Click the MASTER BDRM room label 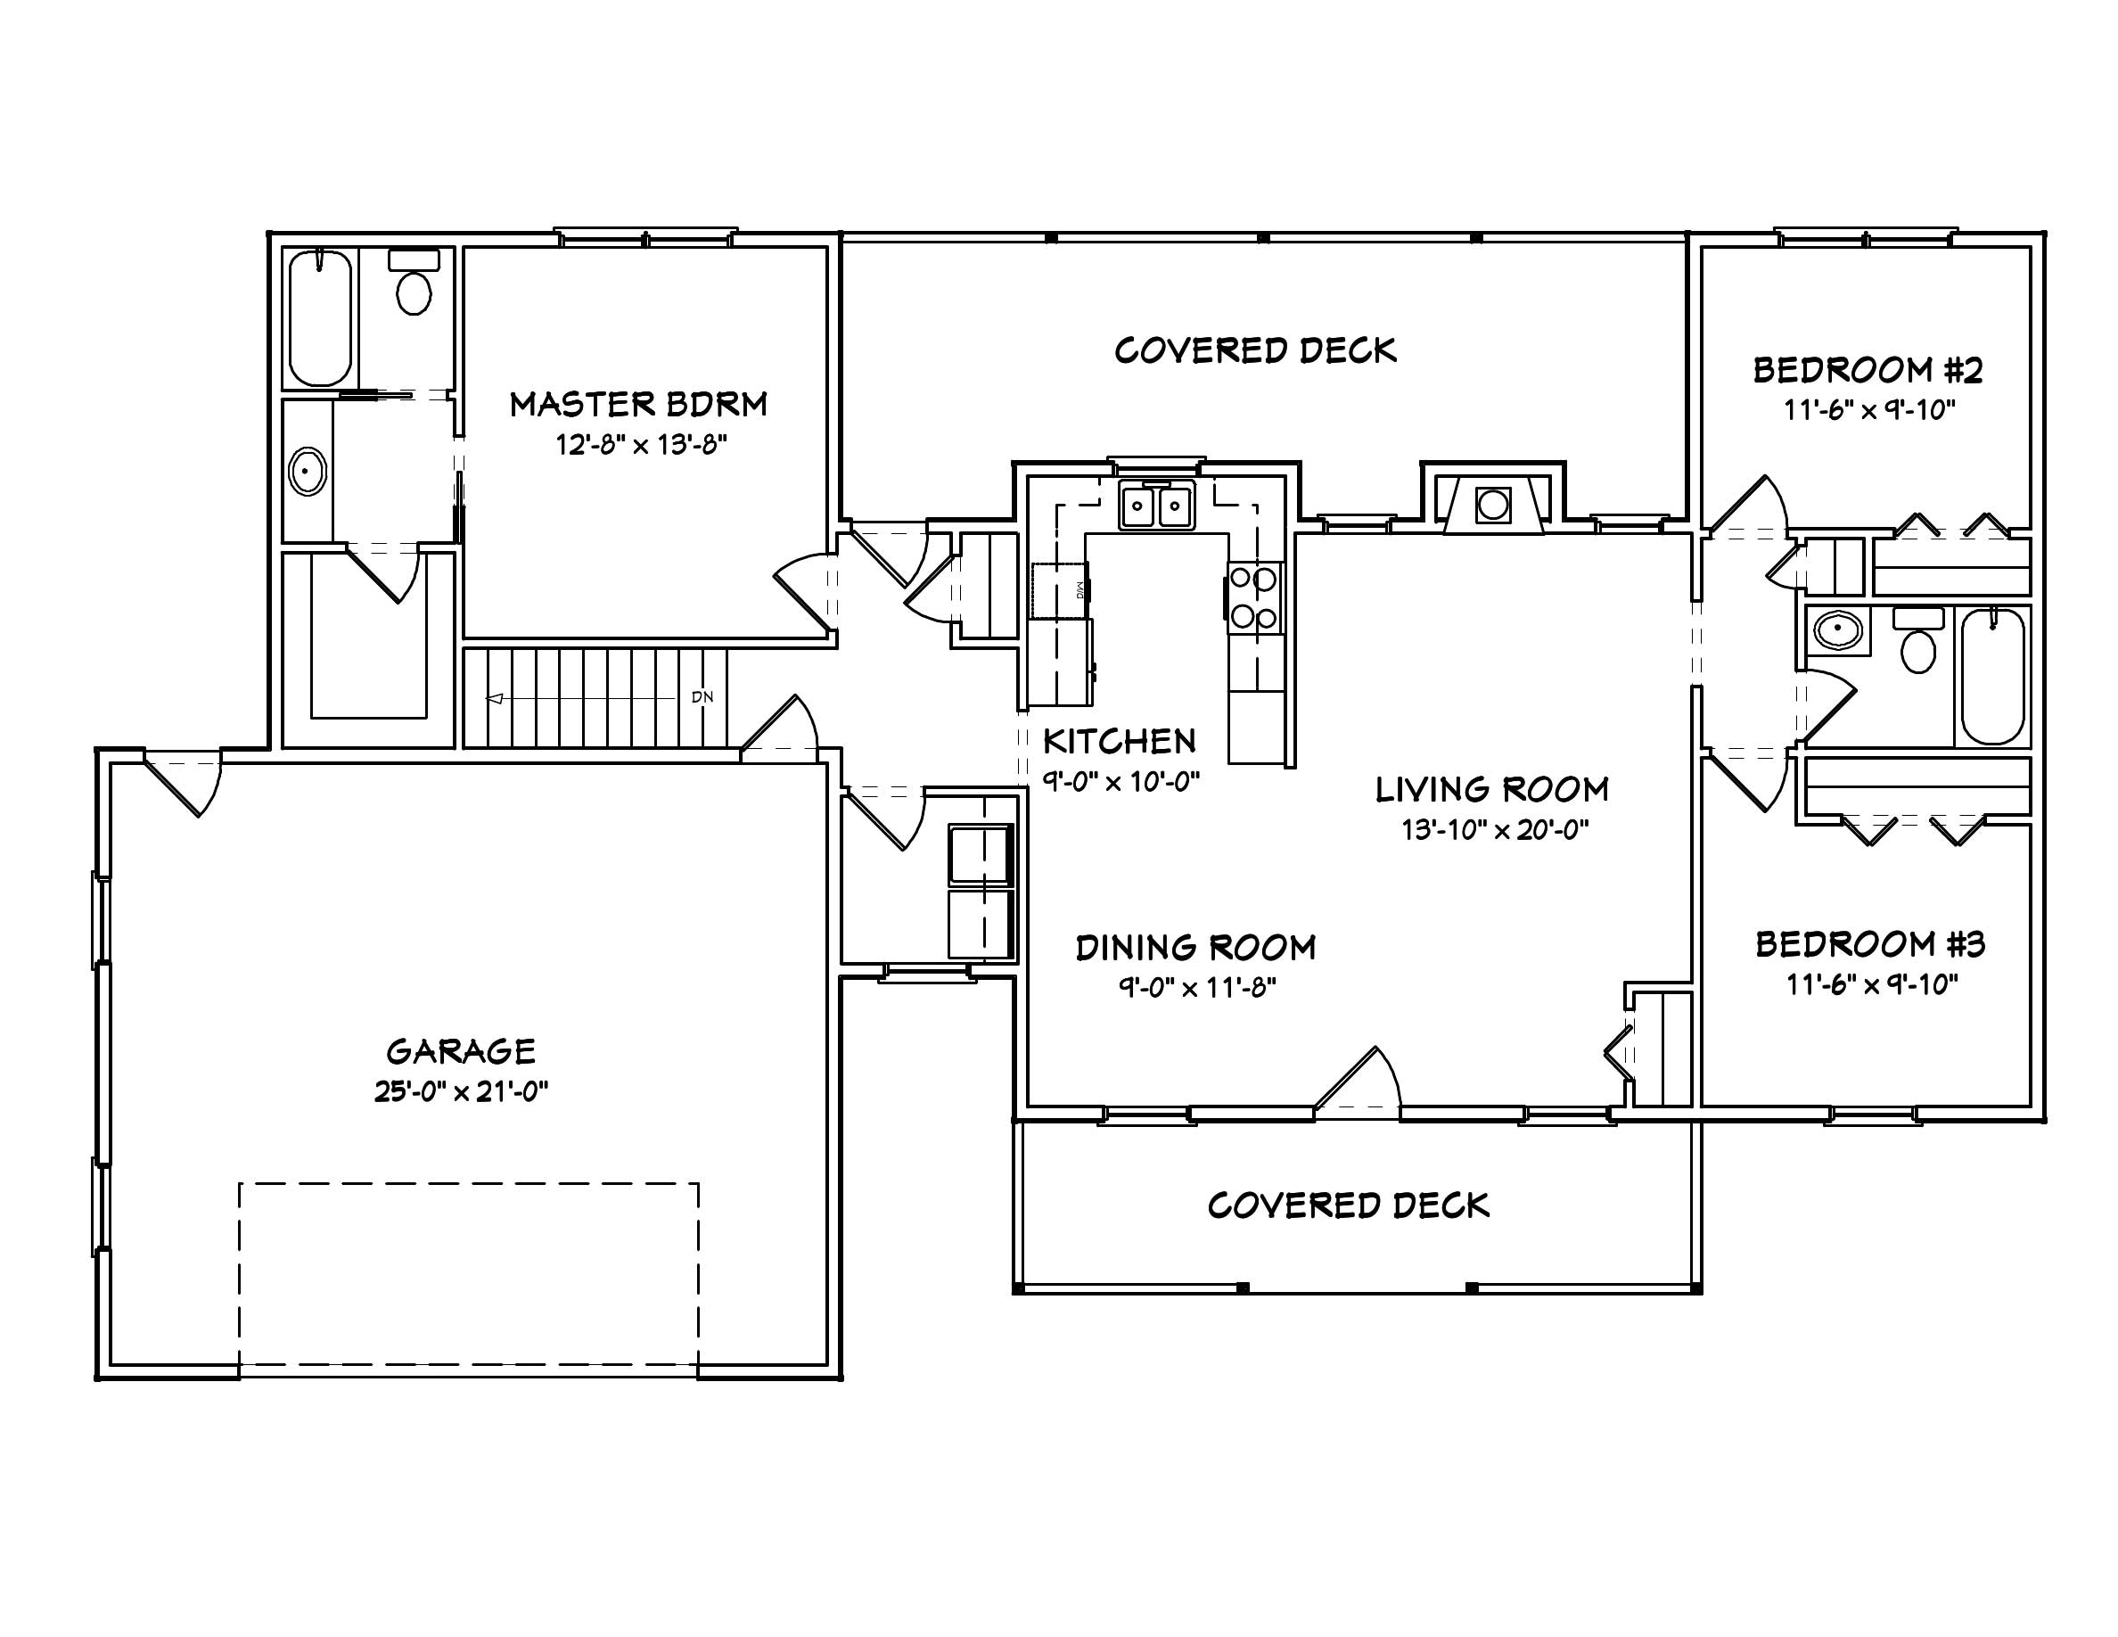pos(638,405)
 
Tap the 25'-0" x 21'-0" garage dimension pos(461,1092)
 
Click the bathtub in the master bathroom pos(320,318)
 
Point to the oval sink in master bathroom pos(308,473)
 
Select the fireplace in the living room pos(1492,505)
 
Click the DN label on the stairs pos(702,697)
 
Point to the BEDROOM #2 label pos(1868,370)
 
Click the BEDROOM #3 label pos(1869,944)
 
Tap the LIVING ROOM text pos(1491,790)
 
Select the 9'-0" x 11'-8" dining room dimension pos(1196,988)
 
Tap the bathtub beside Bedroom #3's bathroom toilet pos(1993,676)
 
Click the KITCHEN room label pos(1119,742)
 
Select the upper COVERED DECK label pos(1255,351)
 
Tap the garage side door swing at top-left pos(185,784)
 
